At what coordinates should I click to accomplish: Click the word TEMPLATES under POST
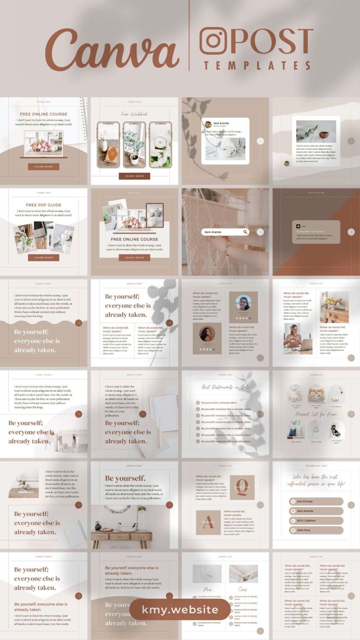(x=257, y=66)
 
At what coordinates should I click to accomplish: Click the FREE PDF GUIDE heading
(x=44, y=205)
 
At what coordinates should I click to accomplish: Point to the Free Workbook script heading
(x=134, y=114)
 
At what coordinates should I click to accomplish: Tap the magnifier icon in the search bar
(x=245, y=232)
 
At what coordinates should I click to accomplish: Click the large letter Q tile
(x=242, y=487)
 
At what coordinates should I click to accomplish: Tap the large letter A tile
(x=208, y=523)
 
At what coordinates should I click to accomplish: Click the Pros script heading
(x=208, y=589)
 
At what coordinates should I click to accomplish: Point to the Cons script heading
(x=243, y=589)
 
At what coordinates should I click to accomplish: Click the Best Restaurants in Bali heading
(x=225, y=388)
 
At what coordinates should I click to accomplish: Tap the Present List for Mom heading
(x=316, y=414)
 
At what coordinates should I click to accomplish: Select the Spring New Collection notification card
(x=316, y=232)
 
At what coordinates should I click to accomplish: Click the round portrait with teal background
(x=243, y=303)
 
